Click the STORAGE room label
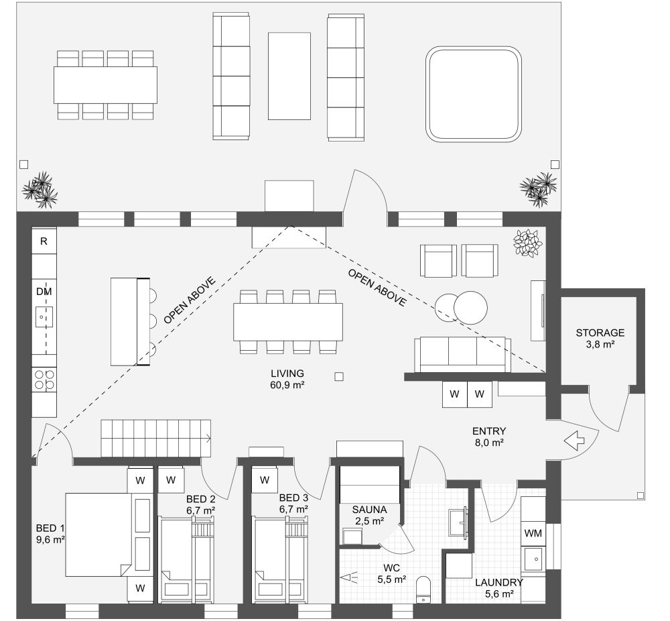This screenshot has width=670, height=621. click(600, 333)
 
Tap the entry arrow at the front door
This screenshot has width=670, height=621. click(574, 441)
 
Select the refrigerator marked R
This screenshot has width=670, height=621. click(44, 241)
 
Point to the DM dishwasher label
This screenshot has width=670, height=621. click(44, 292)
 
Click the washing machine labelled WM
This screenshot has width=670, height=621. click(533, 533)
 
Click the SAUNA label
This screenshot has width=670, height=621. click(370, 510)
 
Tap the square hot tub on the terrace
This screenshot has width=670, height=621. click(474, 94)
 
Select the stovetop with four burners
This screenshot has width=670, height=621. click(44, 380)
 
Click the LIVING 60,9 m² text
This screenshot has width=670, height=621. click(287, 379)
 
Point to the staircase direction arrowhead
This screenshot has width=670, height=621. click(208, 438)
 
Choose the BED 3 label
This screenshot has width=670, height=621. click(293, 498)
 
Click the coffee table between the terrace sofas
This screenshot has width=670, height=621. click(289, 76)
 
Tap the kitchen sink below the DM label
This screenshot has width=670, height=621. click(44, 317)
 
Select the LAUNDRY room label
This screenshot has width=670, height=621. click(499, 582)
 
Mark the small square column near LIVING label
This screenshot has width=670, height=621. click(339, 376)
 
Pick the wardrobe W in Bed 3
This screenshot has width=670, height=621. click(265, 480)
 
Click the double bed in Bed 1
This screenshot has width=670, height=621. click(98, 534)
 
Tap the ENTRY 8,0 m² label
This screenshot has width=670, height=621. click(489, 437)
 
